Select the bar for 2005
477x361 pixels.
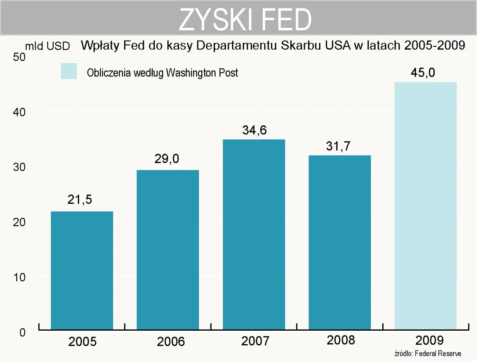[x=82, y=270]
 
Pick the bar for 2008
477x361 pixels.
[x=340, y=242]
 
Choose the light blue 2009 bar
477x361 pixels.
[x=426, y=206]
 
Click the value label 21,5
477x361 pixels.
[x=80, y=200]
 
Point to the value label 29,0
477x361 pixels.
[x=167, y=159]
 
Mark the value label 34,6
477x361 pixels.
[x=255, y=130]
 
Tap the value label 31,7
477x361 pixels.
[x=338, y=146]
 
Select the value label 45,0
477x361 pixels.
[x=423, y=73]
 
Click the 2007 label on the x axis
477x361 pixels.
[x=255, y=341]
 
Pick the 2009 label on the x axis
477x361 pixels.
[x=429, y=340]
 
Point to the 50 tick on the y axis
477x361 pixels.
[x=19, y=57]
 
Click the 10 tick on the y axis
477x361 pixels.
[x=19, y=278]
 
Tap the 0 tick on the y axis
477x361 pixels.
[x=22, y=332]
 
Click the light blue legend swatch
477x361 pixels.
[x=69, y=71]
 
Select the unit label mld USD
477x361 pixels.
[x=47, y=46]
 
